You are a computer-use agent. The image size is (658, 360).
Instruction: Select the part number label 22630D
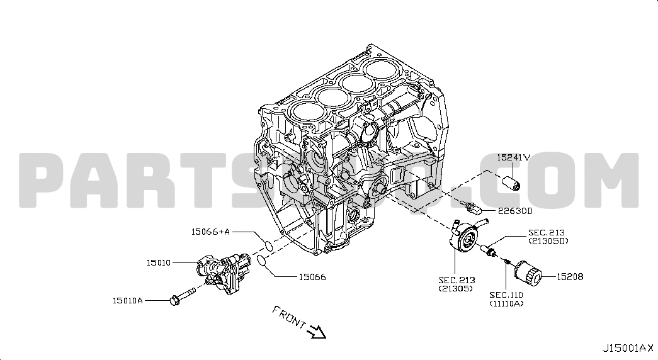coord(515,211)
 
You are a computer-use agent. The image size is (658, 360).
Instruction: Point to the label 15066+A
coord(210,232)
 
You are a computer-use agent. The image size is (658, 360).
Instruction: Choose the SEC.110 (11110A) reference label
coord(506,299)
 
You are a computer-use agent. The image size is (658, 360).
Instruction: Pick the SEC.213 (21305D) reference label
coord(548,237)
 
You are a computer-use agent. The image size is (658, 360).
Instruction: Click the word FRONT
coord(289,317)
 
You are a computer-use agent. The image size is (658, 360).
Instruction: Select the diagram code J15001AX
coord(627,347)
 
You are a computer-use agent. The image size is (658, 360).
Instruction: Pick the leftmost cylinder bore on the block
coord(305,116)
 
